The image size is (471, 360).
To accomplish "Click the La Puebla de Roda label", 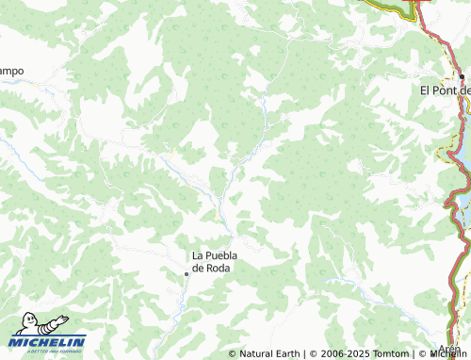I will coord(212,261).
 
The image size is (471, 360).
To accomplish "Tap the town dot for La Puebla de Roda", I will coord(187,273).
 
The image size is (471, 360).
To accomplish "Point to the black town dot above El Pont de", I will coord(462,77).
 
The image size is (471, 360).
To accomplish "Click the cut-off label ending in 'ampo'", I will coord(11,71).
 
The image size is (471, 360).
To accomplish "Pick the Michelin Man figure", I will coord(24,325).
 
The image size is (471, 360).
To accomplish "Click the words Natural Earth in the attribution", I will coord(269,354).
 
